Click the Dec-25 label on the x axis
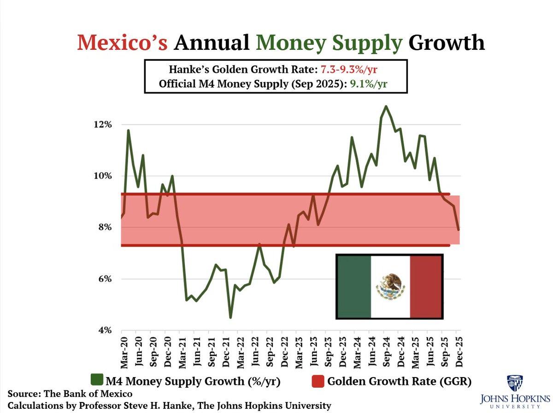click(458, 352)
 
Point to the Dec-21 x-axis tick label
click(225, 352)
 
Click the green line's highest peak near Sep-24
click(386, 106)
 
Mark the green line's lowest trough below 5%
click(230, 317)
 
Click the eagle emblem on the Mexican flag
click(390, 286)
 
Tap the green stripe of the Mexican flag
click(353, 286)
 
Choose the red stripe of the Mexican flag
click(426, 286)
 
